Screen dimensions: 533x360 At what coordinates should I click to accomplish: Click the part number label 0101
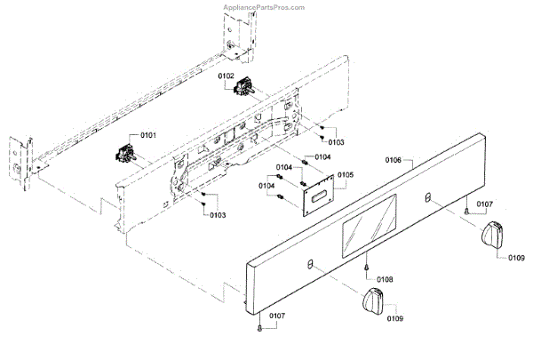pos(147,134)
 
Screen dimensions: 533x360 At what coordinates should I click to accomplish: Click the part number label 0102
pos(226,76)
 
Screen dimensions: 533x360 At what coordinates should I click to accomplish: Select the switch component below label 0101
pos(122,157)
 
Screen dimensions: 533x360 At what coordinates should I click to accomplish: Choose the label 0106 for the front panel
pos(394,161)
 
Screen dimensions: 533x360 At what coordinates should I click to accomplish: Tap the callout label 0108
pos(384,279)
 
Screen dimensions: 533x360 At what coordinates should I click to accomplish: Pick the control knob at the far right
pos(494,236)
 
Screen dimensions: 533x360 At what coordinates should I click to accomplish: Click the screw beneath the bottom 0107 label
pos(259,328)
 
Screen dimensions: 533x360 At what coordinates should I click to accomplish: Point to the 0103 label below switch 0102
pos(337,142)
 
